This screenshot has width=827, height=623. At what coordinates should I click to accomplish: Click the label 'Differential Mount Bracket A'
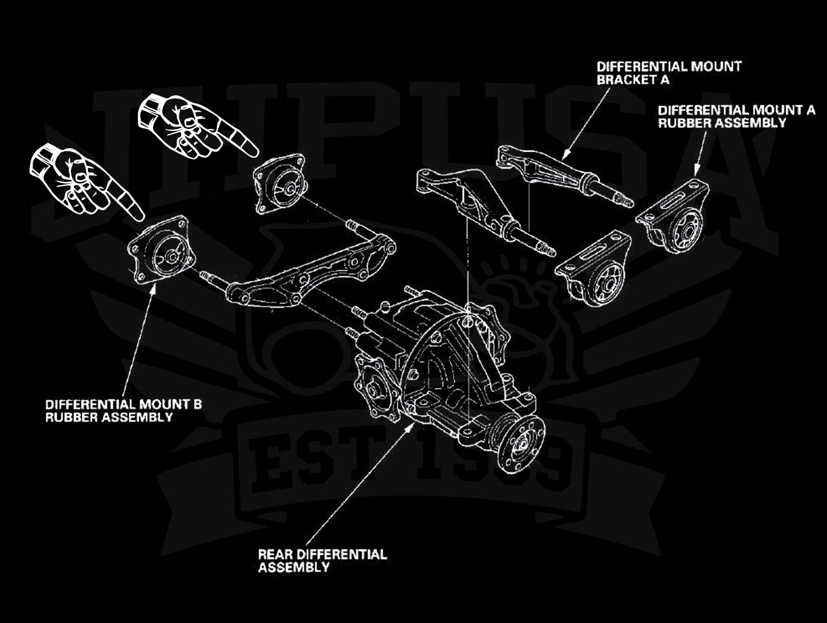pyautogui.click(x=669, y=73)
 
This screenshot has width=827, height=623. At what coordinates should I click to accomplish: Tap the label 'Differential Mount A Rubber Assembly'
pyautogui.click(x=736, y=116)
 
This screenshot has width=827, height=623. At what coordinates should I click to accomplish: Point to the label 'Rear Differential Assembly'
pyautogui.click(x=322, y=560)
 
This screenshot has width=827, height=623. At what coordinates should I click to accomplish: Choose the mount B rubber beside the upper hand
pyautogui.click(x=281, y=185)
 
